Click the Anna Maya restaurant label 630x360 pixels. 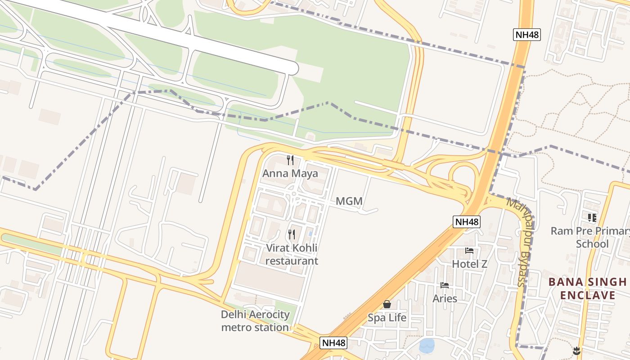coord(290,173)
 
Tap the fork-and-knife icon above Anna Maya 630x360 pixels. coord(290,160)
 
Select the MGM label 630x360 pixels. coord(349,201)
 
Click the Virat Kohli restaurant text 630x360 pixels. coord(292,254)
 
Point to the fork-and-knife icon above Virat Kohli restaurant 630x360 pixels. coord(292,234)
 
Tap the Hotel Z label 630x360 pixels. coord(469,264)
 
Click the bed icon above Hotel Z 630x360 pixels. coord(469,251)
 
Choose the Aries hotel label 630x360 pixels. coord(445,298)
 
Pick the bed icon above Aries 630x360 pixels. coord(445,285)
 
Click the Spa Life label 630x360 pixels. coord(387,318)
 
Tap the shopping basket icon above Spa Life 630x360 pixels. coord(387,305)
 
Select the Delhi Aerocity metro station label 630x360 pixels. coord(255,321)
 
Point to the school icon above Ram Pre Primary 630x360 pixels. coord(592,218)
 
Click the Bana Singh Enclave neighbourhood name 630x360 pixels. coord(587,288)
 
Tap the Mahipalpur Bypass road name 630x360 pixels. coord(518,242)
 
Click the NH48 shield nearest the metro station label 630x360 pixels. coord(334,343)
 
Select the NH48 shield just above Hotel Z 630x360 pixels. coord(467,221)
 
